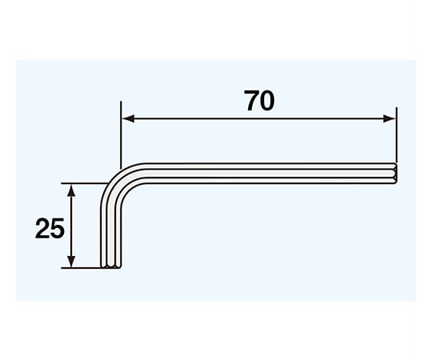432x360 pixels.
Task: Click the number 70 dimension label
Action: (259, 101)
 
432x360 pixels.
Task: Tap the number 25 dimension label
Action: (50, 228)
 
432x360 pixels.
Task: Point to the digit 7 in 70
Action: (251, 101)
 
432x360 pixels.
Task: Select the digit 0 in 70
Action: (267, 101)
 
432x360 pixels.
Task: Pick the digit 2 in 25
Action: (42, 228)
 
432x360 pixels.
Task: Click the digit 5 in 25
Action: (58, 228)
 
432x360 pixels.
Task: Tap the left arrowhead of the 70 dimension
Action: (128, 118)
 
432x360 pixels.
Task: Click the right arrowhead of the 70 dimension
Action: (390, 118)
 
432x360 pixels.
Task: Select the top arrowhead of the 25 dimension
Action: (71, 190)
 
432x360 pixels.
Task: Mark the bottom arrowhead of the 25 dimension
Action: (71, 261)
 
